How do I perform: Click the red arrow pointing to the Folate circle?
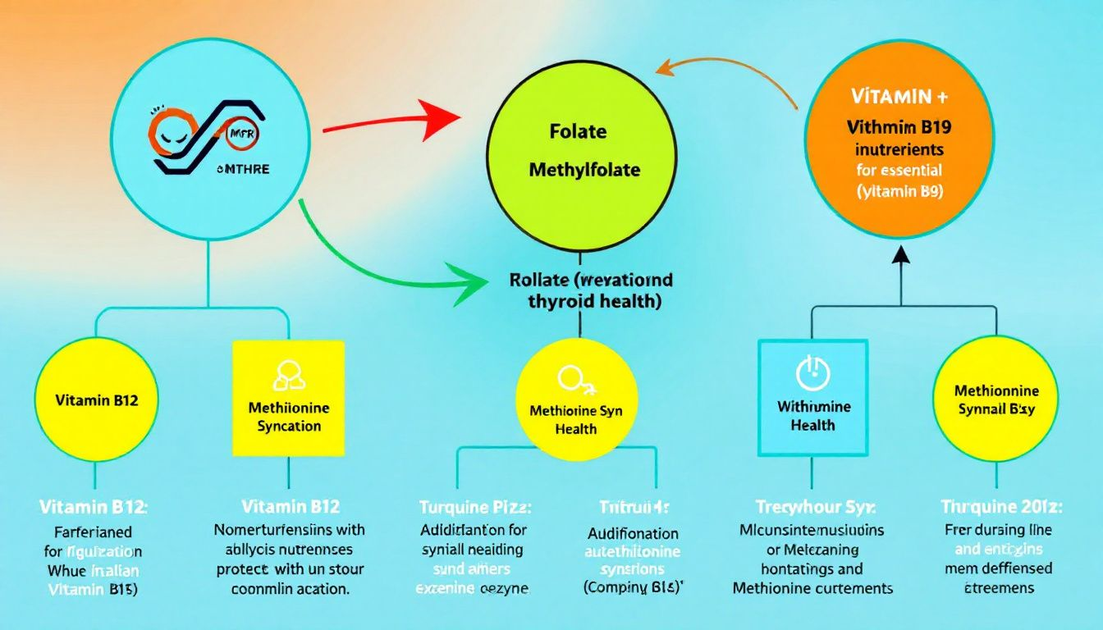point(386,121)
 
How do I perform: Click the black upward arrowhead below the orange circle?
point(900,256)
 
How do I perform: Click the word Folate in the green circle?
point(579,132)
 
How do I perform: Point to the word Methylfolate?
point(585,171)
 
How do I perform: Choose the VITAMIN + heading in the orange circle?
point(899,96)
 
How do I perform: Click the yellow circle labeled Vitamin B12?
point(96,400)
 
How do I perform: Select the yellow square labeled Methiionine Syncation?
point(289,397)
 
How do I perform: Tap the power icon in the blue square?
point(812,373)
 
